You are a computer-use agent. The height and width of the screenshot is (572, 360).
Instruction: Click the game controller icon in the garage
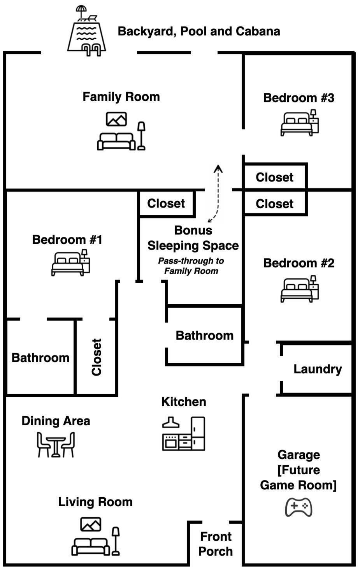coord(299,507)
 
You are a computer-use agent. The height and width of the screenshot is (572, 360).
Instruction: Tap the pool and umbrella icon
coord(86,31)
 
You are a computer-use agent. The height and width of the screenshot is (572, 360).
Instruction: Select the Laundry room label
coord(318,369)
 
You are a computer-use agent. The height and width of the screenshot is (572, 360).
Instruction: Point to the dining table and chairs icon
coord(56,445)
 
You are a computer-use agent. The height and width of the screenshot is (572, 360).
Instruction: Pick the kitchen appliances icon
coord(184,434)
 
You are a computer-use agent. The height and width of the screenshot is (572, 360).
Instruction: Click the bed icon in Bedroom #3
coord(300,123)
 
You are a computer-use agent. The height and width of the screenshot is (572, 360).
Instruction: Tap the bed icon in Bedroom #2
coord(300,289)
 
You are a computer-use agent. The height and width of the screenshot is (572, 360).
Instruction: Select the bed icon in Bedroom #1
coord(70,262)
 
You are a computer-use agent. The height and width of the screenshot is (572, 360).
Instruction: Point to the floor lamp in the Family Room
coord(141,136)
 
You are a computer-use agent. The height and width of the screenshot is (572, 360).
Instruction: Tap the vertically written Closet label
coord(97,357)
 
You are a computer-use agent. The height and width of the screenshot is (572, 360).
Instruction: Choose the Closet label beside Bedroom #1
coord(166,204)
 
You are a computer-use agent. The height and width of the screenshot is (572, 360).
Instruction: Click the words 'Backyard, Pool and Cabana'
coord(199,32)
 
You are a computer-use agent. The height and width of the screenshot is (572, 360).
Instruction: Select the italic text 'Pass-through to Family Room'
coord(191,266)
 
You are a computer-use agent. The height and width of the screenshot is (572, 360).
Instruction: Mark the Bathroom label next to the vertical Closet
coord(40,358)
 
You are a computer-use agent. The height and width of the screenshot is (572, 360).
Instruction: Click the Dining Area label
coord(56,421)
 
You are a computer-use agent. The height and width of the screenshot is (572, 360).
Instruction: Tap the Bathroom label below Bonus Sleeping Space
coord(204,336)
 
